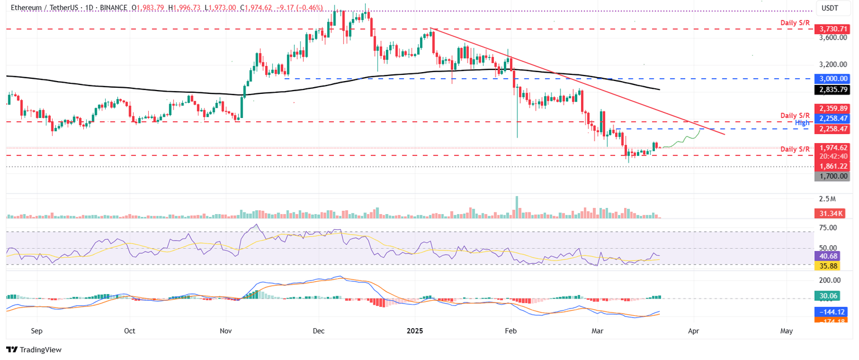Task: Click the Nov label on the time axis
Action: pos(226,331)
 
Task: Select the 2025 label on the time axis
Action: pos(415,331)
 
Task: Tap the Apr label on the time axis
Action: pos(693,331)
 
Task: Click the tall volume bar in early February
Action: pos(517,207)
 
